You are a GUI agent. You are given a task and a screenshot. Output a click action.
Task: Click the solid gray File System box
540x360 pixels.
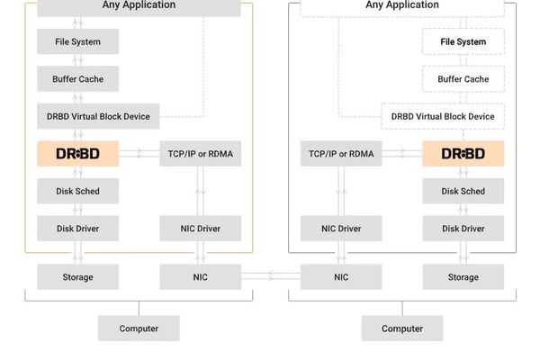pos(77,41)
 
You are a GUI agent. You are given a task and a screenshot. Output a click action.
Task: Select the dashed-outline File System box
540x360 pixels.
pos(463,41)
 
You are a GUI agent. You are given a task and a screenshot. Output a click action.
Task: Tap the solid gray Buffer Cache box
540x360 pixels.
pos(77,79)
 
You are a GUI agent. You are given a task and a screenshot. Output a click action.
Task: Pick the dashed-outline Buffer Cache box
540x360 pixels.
pos(463,79)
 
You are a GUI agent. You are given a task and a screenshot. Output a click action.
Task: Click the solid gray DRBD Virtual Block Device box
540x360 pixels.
pos(98,116)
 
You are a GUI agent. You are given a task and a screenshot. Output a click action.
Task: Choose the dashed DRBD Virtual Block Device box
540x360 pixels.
pos(442,116)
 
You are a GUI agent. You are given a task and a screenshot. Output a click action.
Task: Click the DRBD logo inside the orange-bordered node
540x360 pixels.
pos(77,154)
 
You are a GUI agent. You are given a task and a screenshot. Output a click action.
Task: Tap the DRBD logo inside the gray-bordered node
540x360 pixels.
pos(463,154)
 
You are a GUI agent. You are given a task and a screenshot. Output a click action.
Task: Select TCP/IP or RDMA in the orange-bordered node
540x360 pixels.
pos(200,154)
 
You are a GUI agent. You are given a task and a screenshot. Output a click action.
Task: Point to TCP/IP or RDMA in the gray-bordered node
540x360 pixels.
pos(341,154)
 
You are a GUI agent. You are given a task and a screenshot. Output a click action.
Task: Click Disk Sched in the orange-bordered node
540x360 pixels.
pos(77,191)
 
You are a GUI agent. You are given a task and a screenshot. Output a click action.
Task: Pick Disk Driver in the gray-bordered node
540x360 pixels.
pos(463,229)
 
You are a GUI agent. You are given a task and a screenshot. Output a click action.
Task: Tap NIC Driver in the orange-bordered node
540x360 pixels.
pos(200,229)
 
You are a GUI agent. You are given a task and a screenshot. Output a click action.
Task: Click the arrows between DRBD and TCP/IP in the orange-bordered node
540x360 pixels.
pos(139,154)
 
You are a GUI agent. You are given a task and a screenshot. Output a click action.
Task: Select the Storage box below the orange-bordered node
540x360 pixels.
pos(77,277)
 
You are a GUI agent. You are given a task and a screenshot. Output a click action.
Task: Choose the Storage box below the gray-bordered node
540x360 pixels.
pos(463,277)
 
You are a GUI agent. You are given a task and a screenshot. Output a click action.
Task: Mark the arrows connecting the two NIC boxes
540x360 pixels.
pos(270,277)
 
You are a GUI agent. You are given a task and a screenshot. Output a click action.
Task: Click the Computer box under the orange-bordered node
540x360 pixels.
pos(139,328)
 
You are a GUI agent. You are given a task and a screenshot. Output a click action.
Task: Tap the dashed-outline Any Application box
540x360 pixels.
pos(401,6)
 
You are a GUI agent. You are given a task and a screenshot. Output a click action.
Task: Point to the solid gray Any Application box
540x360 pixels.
pos(139,6)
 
